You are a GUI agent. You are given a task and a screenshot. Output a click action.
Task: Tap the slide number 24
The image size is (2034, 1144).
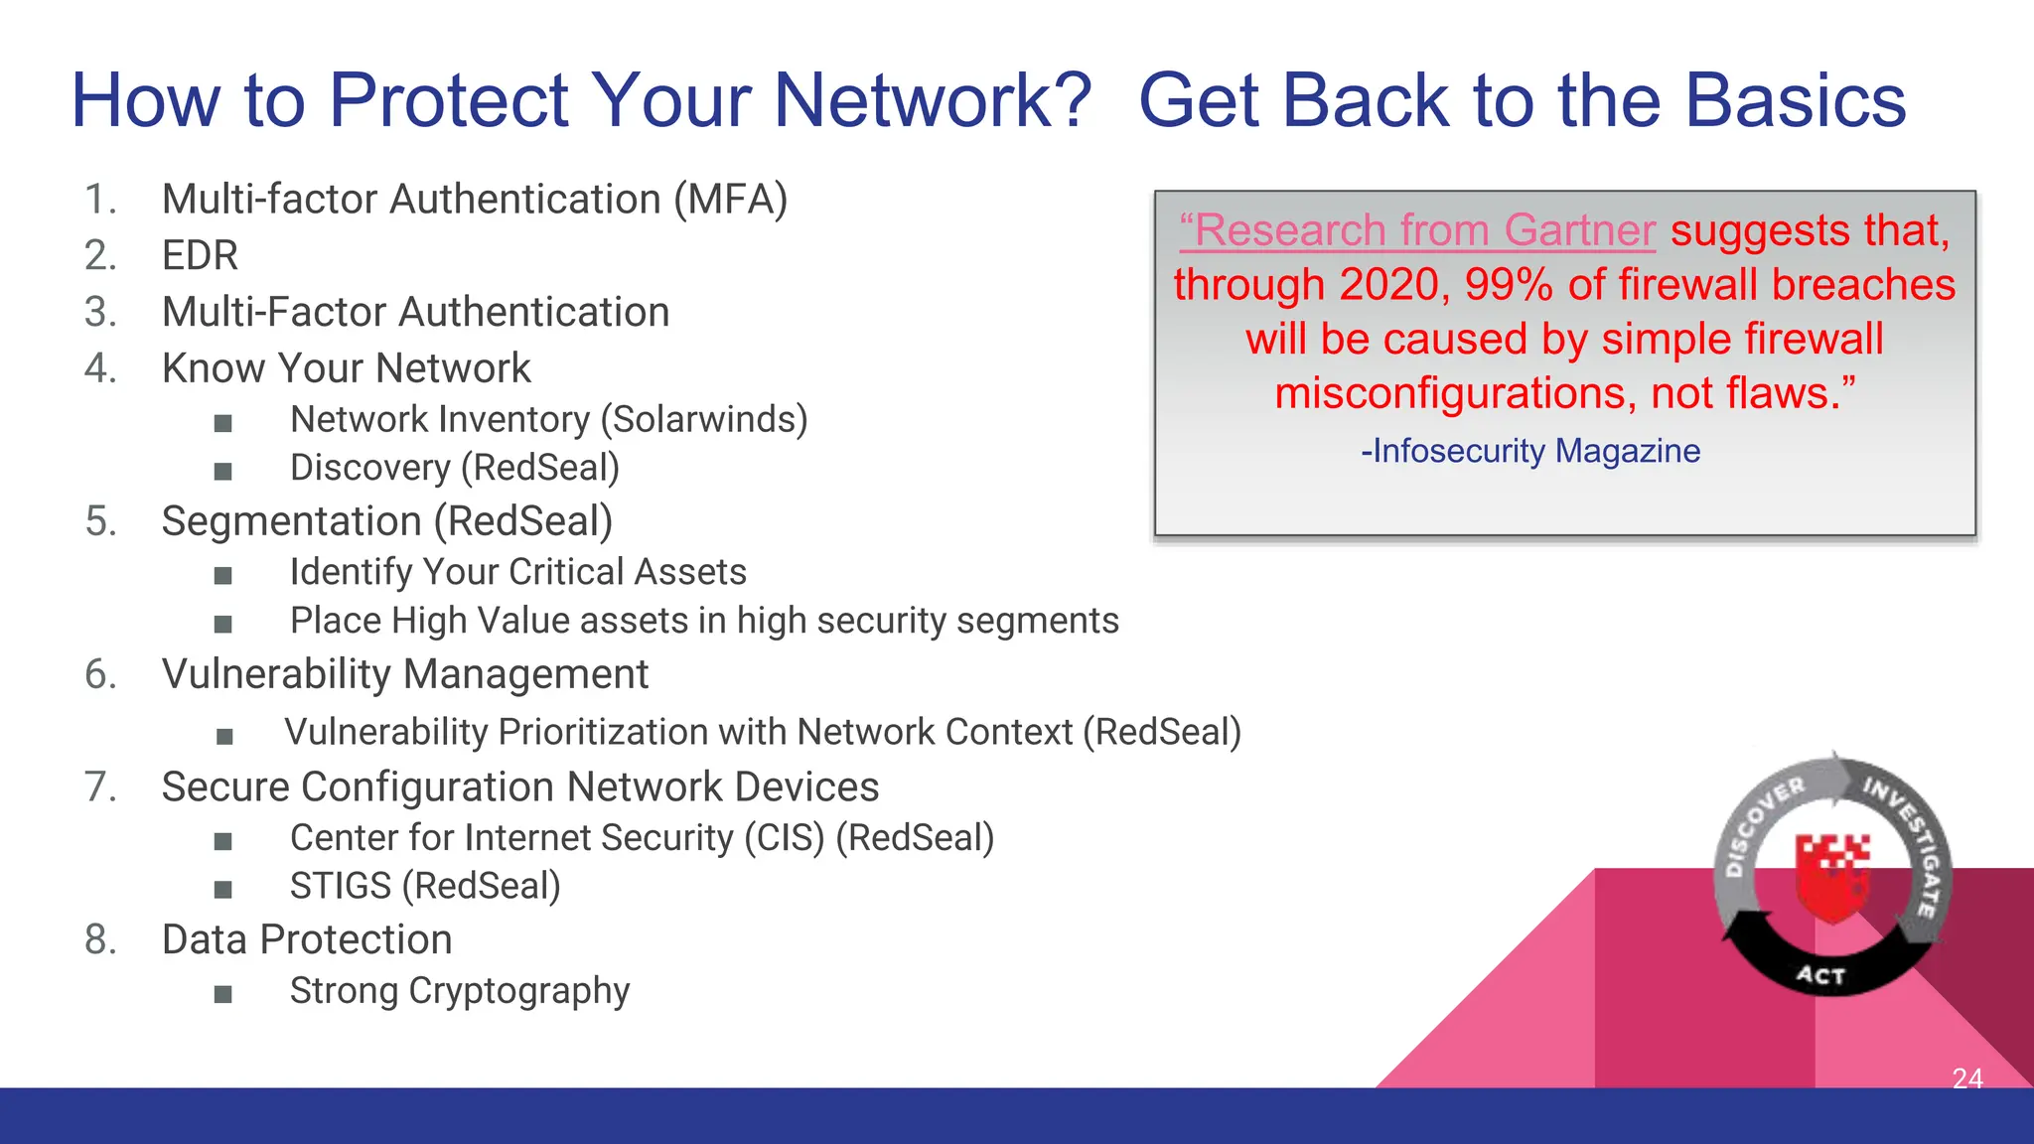click(x=1966, y=1077)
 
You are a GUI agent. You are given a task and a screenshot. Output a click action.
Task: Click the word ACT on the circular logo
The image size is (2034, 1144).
click(x=1820, y=975)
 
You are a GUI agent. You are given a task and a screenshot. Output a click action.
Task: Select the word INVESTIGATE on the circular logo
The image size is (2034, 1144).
click(x=1908, y=845)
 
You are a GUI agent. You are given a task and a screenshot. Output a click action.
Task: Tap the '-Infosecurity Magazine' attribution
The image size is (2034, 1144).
click(x=1530, y=451)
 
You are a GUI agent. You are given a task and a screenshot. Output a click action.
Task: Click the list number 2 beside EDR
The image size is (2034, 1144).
click(x=100, y=256)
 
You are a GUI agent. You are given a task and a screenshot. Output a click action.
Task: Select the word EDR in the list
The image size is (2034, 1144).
click(x=200, y=256)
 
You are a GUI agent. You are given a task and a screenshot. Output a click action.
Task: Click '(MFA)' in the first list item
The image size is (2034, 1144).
click(x=730, y=200)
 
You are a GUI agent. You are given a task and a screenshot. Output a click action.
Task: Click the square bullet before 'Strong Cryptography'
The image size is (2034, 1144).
click(x=223, y=994)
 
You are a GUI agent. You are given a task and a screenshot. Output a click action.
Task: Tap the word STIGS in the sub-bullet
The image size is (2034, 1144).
click(x=340, y=886)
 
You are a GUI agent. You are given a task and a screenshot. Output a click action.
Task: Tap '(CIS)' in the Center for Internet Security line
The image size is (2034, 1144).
click(x=785, y=838)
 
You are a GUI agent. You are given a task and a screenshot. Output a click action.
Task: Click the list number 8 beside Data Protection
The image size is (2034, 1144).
click(x=100, y=939)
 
